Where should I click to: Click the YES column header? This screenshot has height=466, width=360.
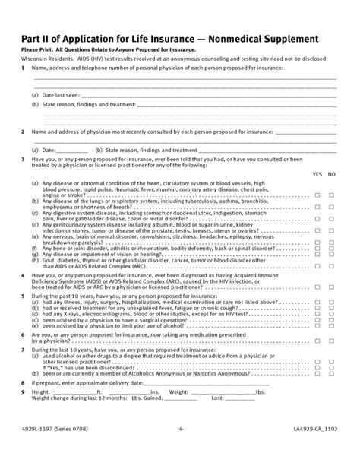click(317, 174)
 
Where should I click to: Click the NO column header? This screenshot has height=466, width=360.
click(332, 174)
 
